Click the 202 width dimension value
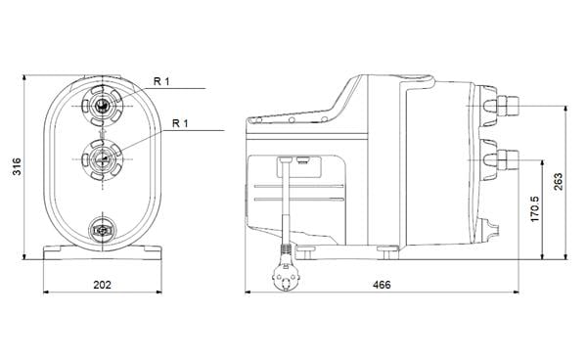coord(102,285)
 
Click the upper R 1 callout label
coord(162,82)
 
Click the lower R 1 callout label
coord(181,123)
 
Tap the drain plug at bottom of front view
coord(102,231)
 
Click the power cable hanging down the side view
coord(285,205)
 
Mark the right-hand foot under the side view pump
coord(391,253)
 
